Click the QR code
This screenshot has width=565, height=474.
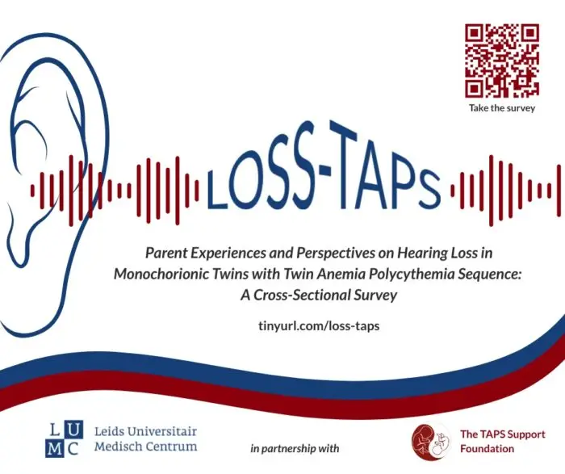click(502, 61)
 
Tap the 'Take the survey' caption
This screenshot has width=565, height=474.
click(502, 107)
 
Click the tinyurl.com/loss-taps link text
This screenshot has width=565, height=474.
click(319, 326)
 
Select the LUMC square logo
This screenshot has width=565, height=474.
click(64, 438)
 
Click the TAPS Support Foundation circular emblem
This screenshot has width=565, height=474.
click(430, 442)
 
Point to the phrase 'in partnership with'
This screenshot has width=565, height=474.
click(295, 448)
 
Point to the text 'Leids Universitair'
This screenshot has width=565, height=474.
click(145, 431)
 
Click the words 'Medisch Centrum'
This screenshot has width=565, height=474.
click(145, 447)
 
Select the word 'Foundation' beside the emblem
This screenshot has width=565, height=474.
click(488, 449)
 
